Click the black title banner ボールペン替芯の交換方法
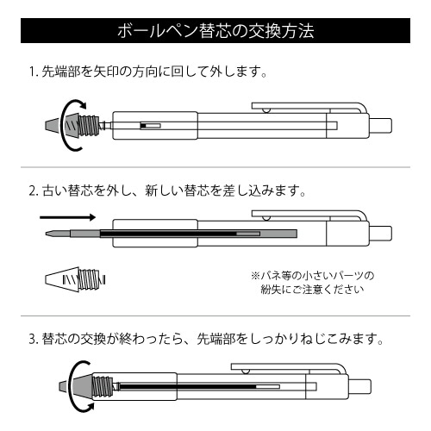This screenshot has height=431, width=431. click(215, 32)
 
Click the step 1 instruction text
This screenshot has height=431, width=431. click(147, 72)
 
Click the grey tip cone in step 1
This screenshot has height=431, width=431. click(53, 126)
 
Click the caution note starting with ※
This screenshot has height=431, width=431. click(314, 282)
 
